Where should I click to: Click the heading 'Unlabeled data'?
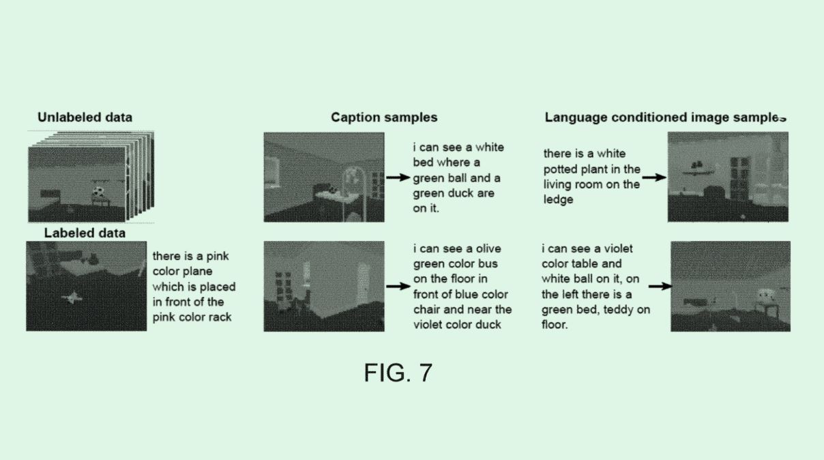[85, 117]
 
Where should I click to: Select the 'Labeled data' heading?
[85, 233]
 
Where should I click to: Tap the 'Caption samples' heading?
[384, 117]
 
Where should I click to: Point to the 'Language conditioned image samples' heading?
[666, 117]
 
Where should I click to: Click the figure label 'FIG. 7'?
[398, 373]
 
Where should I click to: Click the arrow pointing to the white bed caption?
[398, 177]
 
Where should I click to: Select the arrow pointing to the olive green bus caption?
[398, 286]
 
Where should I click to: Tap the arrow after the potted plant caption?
[654, 177]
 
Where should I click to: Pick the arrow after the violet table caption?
[660, 286]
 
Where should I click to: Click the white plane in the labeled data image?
[73, 297]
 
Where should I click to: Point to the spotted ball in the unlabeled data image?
[98, 192]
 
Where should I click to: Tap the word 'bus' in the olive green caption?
[488, 264]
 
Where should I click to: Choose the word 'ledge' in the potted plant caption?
[559, 200]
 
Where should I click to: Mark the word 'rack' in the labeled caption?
[220, 317]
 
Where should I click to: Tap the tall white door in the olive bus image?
[363, 281]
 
